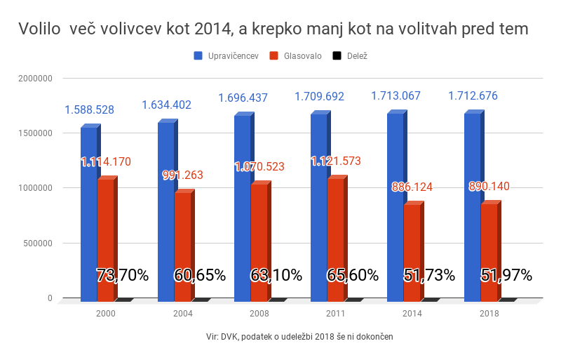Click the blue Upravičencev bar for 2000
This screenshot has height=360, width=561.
88,211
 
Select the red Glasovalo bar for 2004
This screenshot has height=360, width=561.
182,246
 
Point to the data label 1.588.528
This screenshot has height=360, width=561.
89,109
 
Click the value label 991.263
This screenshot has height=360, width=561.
182,175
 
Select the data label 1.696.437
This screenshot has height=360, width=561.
243,98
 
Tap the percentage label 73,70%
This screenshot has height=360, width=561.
121,275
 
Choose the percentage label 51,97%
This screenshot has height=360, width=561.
506,275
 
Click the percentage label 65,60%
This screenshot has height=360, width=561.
352,275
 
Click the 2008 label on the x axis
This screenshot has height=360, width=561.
259,313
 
